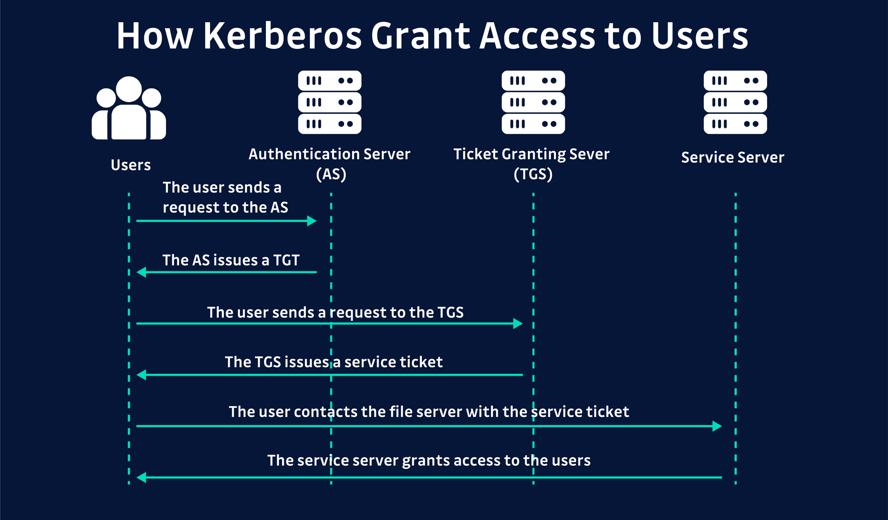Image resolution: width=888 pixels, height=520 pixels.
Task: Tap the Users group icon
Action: pyautogui.click(x=129, y=109)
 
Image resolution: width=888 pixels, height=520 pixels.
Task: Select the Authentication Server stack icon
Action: pyautogui.click(x=329, y=102)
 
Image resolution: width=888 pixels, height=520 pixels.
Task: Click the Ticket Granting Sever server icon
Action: pyautogui.click(x=533, y=102)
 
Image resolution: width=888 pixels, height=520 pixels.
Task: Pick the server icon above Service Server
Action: pyautogui.click(x=735, y=102)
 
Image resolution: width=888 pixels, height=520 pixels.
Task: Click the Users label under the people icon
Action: pyautogui.click(x=131, y=165)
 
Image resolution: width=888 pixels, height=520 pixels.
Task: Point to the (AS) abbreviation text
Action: pyautogui.click(x=331, y=174)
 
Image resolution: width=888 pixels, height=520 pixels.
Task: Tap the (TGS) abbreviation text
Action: pyautogui.click(x=533, y=174)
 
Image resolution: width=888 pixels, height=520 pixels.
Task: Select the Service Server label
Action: pyautogui.click(x=733, y=157)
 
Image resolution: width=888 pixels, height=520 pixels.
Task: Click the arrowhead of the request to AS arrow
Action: pyautogui.click(x=312, y=221)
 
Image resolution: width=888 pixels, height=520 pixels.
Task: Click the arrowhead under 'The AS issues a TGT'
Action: pyautogui.click(x=141, y=272)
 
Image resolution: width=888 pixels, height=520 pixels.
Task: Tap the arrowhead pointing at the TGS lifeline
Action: pyautogui.click(x=518, y=324)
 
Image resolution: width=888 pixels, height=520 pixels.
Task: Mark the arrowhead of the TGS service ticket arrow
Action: pyautogui.click(x=141, y=375)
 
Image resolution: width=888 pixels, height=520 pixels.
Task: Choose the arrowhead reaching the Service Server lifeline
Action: pyautogui.click(x=718, y=426)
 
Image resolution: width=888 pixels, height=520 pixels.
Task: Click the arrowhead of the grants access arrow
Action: pyautogui.click(x=141, y=478)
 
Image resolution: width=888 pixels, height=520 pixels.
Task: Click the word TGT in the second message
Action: pyautogui.click(x=286, y=260)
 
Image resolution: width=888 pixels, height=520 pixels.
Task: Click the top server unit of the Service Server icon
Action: pyautogui.click(x=735, y=81)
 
